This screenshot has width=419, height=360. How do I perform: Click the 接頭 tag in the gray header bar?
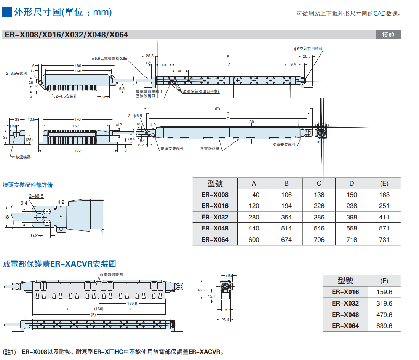(x=388, y=35)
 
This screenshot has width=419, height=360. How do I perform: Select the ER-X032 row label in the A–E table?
(x=215, y=217)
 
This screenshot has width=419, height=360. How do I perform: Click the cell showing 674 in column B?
(x=286, y=240)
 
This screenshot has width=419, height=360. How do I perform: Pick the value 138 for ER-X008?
(x=319, y=195)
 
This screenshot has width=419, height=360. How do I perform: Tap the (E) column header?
(x=384, y=183)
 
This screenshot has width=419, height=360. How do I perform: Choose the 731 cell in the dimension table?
(x=384, y=240)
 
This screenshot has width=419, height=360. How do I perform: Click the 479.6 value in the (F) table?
(x=384, y=315)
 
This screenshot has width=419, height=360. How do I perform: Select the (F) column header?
(x=384, y=281)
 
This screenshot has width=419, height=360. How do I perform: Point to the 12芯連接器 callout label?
(x=21, y=157)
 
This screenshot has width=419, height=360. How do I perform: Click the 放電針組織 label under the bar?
(x=210, y=149)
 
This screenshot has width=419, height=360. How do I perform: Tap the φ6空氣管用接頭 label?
(x=308, y=49)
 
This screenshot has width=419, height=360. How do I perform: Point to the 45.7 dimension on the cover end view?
(x=201, y=290)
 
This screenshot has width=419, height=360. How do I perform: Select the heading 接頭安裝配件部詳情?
(x=27, y=185)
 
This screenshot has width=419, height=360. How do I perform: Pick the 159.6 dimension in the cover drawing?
(x=132, y=303)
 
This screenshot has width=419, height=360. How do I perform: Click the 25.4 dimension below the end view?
(x=225, y=320)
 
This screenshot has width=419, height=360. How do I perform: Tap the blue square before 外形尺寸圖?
(x=7, y=13)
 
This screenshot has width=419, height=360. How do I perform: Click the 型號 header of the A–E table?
(x=215, y=183)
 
